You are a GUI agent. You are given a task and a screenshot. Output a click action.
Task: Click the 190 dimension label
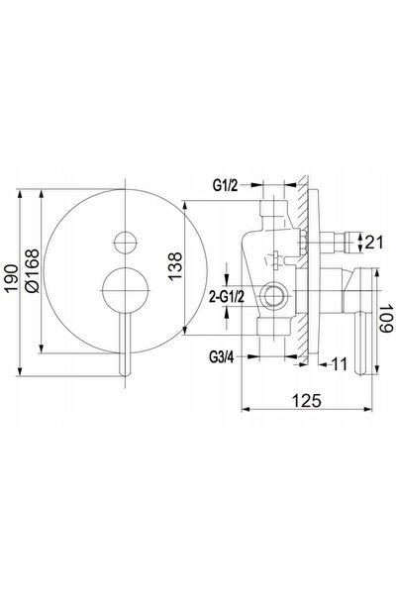pyautogui.click(x=11, y=278)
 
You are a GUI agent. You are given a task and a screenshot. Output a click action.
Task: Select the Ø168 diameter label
pyautogui.click(x=32, y=270)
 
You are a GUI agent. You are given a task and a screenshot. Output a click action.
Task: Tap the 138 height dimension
pyautogui.click(x=175, y=266)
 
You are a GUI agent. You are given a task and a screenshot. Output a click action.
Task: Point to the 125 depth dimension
pyautogui.click(x=307, y=400)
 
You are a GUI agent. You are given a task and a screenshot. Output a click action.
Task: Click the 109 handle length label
pyautogui.click(x=386, y=318)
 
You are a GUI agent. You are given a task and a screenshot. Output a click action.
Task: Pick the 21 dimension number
pyautogui.click(x=374, y=243)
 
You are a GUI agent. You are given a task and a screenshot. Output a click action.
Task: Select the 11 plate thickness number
pyautogui.click(x=340, y=364)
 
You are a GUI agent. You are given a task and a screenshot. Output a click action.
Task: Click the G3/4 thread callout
pyautogui.click(x=222, y=357)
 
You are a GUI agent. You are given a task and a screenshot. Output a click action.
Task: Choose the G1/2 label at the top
pyautogui.click(x=225, y=185)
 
